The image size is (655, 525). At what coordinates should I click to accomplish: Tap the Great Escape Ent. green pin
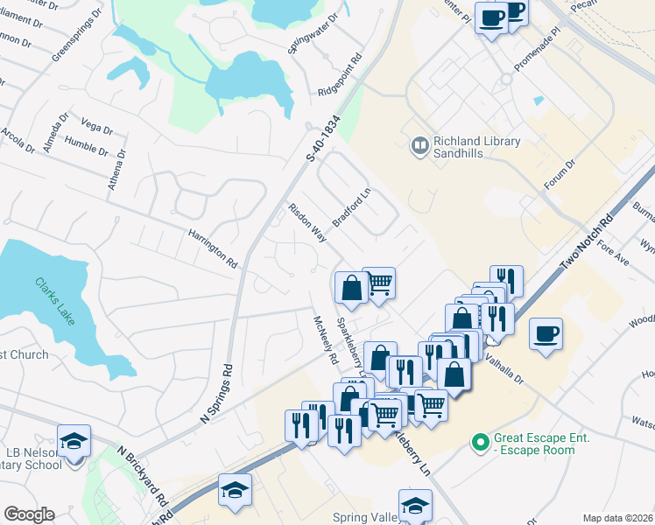coord(479,443)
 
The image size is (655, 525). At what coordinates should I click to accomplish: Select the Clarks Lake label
coord(55,302)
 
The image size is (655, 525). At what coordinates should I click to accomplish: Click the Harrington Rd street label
coord(213,248)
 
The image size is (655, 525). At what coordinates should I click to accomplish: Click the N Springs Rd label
coord(218,395)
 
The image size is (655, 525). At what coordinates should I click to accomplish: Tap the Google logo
coord(29,514)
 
